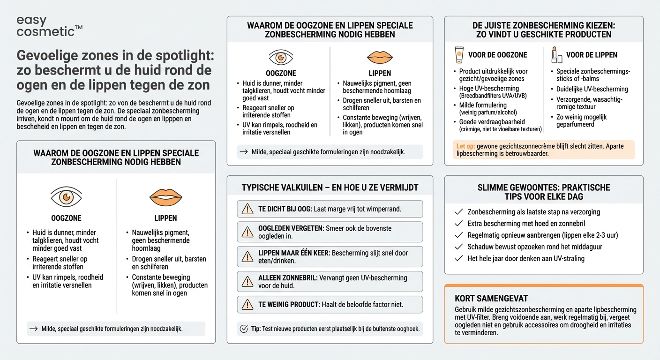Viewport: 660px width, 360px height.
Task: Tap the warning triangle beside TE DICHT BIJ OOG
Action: point(247,209)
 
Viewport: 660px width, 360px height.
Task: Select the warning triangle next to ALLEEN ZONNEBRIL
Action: point(247,281)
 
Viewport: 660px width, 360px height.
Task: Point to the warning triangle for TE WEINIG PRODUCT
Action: point(247,305)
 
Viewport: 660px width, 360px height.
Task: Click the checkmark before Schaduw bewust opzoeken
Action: point(459,247)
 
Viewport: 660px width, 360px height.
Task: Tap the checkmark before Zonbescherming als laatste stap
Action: point(459,212)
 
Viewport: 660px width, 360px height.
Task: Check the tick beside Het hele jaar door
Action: point(459,258)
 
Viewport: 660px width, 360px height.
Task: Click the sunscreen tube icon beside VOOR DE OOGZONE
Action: point(459,55)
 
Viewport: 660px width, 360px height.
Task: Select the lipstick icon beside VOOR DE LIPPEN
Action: point(556,55)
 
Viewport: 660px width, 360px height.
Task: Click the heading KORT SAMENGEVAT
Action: point(492,299)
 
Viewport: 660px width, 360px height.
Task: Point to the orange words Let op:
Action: point(465,147)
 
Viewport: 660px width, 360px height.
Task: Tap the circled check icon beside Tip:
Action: point(244,329)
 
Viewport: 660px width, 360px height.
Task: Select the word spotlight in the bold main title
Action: point(183,55)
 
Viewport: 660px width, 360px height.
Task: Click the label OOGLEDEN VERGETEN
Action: point(291,228)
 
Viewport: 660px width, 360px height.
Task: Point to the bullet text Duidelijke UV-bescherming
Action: point(592,89)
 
